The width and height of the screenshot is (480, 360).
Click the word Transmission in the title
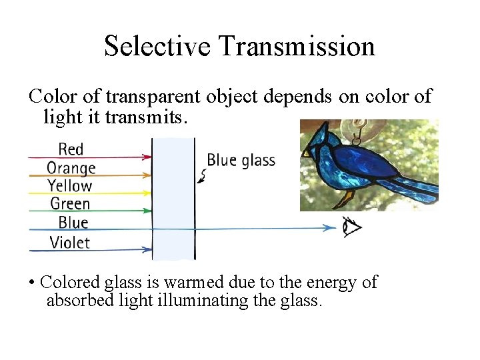coord(296,47)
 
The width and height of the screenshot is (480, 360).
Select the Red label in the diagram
coord(71,149)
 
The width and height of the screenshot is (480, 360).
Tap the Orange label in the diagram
coord(71,167)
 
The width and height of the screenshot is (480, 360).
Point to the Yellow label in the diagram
coord(70,186)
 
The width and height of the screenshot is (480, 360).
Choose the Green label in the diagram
coord(70,204)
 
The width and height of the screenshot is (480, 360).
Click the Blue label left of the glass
coord(73,223)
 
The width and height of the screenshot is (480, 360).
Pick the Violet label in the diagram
coord(69,242)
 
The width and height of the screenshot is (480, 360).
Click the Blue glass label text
coord(241,160)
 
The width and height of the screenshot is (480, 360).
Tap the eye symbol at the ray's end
coord(351,227)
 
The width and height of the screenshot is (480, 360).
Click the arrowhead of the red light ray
coord(147,157)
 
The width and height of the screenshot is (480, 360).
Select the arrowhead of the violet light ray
coord(147,250)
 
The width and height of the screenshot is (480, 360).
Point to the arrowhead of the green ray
coord(147,211)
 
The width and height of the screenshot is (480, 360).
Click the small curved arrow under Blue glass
coord(203,176)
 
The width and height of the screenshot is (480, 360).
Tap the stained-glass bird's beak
coord(307,151)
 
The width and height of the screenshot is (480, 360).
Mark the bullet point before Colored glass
coord(32,283)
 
